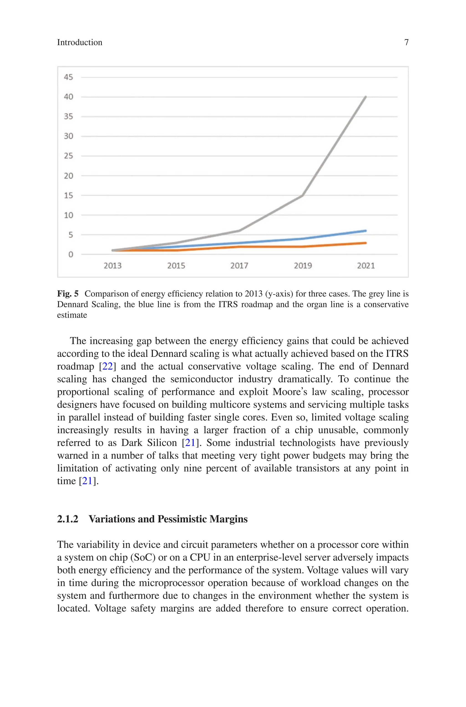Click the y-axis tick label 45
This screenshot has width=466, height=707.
click(x=68, y=77)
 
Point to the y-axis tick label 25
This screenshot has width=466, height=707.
click(x=68, y=156)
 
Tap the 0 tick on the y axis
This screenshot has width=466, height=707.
click(x=71, y=255)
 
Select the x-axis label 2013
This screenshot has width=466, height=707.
click(x=113, y=265)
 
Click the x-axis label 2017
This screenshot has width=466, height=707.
click(x=239, y=265)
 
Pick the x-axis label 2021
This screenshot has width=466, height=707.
click(x=366, y=265)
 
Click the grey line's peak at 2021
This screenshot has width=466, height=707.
click(x=366, y=97)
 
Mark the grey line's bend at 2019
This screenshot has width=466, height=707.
click(x=302, y=195)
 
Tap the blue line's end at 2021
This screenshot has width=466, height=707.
click(x=366, y=231)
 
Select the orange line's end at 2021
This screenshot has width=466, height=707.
click(x=366, y=243)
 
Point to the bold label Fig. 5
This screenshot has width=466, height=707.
click(x=68, y=294)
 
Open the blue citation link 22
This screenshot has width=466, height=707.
click(x=107, y=366)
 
